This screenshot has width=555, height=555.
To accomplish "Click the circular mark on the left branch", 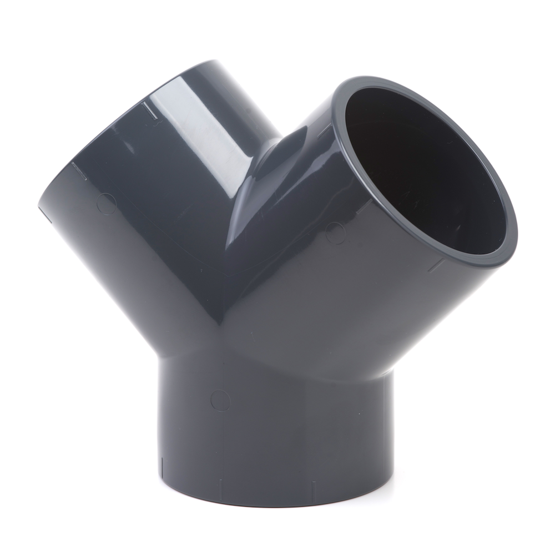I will click(x=106, y=204).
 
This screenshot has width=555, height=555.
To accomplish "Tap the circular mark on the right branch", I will click(x=336, y=233).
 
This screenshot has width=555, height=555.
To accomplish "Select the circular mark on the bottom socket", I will click(x=220, y=400).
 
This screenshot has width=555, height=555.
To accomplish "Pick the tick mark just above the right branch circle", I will click(x=364, y=206).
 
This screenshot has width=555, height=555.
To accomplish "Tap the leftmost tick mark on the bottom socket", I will click(x=163, y=464).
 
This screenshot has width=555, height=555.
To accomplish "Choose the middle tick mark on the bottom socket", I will click(x=220, y=488).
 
